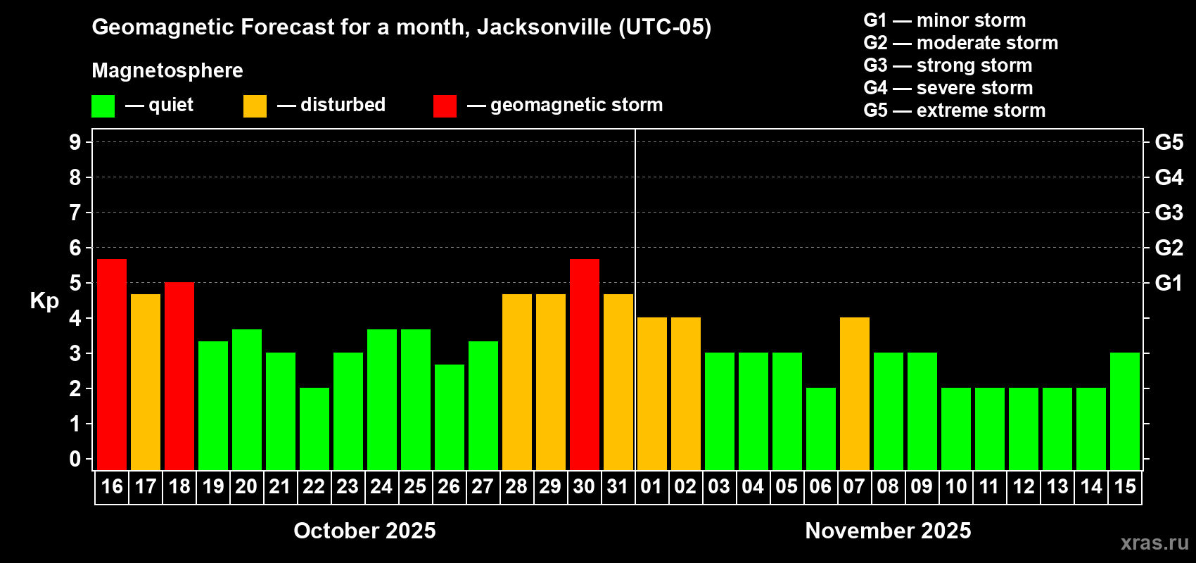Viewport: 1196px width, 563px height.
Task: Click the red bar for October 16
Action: coord(112,364)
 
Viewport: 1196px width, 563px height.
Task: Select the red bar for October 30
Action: coord(585,364)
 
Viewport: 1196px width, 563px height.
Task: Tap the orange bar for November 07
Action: coord(855,393)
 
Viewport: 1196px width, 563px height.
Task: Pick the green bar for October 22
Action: coord(314,429)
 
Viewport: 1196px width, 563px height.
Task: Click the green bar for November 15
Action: coord(1125,411)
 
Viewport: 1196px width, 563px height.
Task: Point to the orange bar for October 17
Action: coord(146,381)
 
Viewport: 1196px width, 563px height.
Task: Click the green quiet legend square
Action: coord(103,106)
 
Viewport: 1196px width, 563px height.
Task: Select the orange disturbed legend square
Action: coord(255,106)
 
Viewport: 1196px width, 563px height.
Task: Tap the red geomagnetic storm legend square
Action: coord(445,106)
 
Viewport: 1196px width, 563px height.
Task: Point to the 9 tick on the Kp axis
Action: coord(75,142)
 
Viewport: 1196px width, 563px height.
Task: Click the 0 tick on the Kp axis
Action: coord(75,459)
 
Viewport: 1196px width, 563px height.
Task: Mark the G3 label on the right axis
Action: coord(1169,213)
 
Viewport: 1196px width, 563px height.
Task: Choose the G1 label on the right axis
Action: coord(1169,283)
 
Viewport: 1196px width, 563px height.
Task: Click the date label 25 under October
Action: coord(415,486)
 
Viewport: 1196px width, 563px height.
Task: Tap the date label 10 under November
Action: coord(955,486)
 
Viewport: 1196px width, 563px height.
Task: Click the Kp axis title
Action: coord(44,301)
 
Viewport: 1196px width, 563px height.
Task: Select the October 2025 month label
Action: coord(364,531)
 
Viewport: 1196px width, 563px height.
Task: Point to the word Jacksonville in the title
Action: coord(544,27)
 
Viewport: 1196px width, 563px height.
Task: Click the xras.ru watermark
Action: coord(1154,542)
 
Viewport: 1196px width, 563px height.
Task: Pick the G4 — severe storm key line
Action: coord(948,88)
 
